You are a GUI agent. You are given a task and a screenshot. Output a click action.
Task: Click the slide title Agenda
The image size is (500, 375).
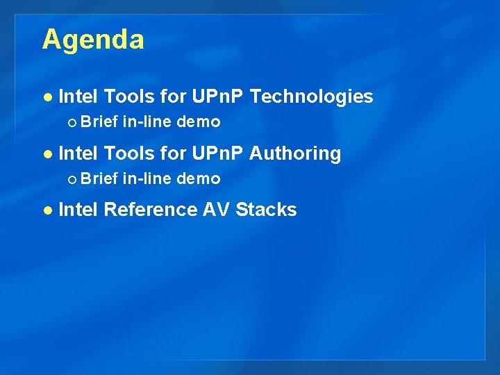click(x=93, y=40)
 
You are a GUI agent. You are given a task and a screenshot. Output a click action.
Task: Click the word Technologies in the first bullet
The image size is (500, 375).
click(x=310, y=97)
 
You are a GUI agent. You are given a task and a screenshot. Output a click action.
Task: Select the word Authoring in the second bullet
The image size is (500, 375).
click(x=294, y=153)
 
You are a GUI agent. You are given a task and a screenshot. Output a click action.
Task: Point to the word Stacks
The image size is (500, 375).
click(x=266, y=210)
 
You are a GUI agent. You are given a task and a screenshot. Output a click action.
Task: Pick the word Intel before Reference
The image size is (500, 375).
click(x=78, y=210)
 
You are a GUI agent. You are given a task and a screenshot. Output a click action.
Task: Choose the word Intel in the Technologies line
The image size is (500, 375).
click(x=78, y=97)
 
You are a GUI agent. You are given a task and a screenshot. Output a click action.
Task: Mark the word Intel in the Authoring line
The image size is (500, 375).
click(x=78, y=153)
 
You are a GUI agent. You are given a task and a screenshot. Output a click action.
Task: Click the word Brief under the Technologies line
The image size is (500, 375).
click(x=99, y=122)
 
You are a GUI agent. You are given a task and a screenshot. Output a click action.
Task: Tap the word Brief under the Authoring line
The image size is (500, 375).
click(x=99, y=179)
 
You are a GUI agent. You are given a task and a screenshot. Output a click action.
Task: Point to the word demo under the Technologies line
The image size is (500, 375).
click(x=199, y=123)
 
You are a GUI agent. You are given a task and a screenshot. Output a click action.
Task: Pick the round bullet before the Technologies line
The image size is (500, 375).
click(x=47, y=97)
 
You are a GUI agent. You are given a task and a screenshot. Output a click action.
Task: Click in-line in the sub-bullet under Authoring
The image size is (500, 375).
click(x=147, y=179)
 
